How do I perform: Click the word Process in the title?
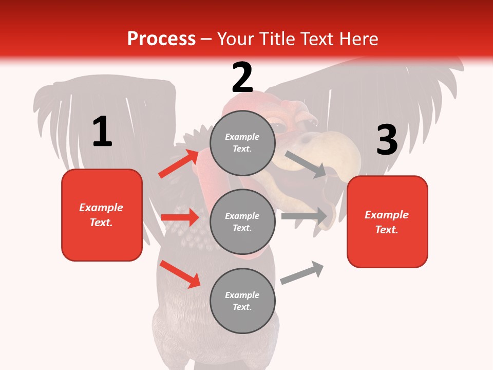[161, 39]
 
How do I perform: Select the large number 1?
[102, 132]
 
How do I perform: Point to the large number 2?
[242, 78]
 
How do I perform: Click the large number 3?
[387, 140]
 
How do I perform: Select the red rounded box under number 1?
[102, 215]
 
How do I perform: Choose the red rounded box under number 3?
[387, 221]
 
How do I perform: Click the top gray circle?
[242, 142]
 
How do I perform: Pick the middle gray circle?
[242, 221]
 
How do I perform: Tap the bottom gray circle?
[242, 301]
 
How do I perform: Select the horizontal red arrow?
[180, 217]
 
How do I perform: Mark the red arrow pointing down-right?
[180, 274]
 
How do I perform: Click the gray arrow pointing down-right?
[305, 164]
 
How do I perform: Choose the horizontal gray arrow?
[304, 216]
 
